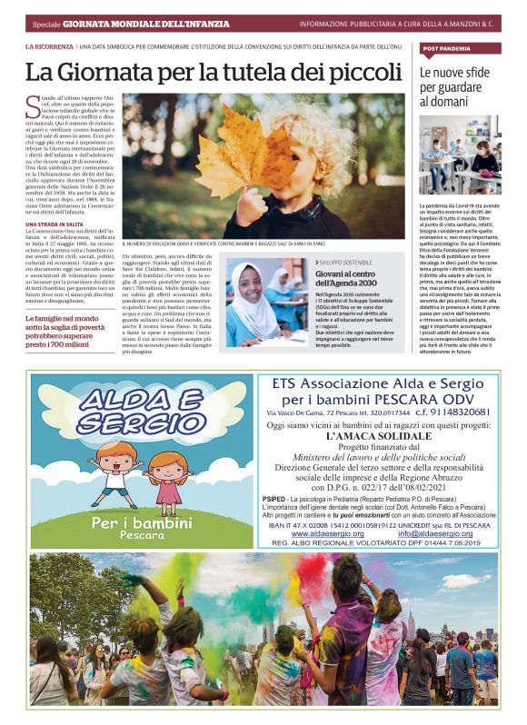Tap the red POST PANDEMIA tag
pyautogui.click(x=446, y=47)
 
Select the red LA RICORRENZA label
pyautogui.click(x=50, y=45)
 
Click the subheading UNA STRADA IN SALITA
pyautogui.click(x=55, y=223)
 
